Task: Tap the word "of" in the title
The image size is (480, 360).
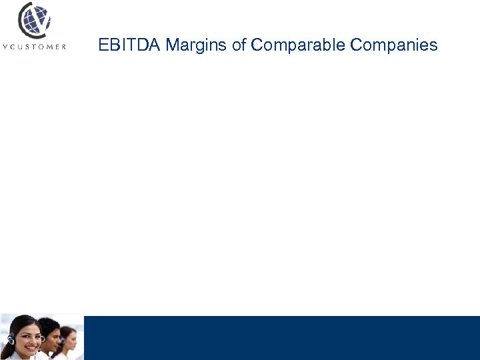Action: point(239,45)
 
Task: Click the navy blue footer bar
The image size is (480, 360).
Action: point(280,337)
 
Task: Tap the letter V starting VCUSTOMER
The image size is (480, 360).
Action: point(5,47)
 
